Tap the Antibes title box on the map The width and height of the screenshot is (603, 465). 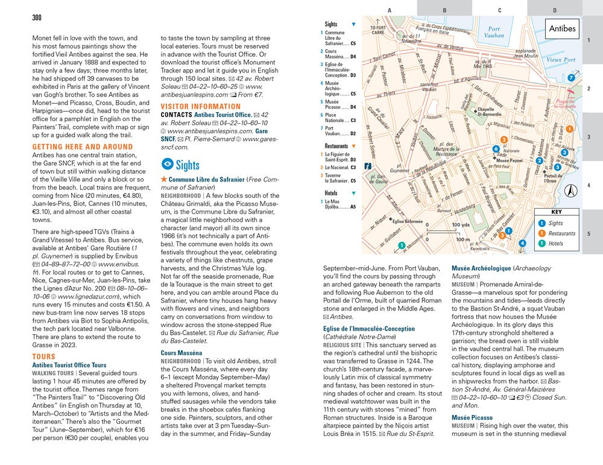[563, 28]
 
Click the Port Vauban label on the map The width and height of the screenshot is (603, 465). [494, 32]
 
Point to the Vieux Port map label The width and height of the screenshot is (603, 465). [561, 60]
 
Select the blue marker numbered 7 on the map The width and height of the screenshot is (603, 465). [571, 78]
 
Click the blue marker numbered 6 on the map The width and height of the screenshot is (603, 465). [496, 149]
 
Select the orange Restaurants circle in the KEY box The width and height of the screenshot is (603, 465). [541, 233]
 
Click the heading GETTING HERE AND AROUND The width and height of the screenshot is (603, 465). [83, 147]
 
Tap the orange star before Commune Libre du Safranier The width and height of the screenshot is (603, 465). [163, 180]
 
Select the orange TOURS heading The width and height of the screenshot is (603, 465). [43, 357]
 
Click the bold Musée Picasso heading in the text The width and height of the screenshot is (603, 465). [472, 417]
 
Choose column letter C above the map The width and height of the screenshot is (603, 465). [499, 10]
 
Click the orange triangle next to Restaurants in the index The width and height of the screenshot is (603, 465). [353, 146]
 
